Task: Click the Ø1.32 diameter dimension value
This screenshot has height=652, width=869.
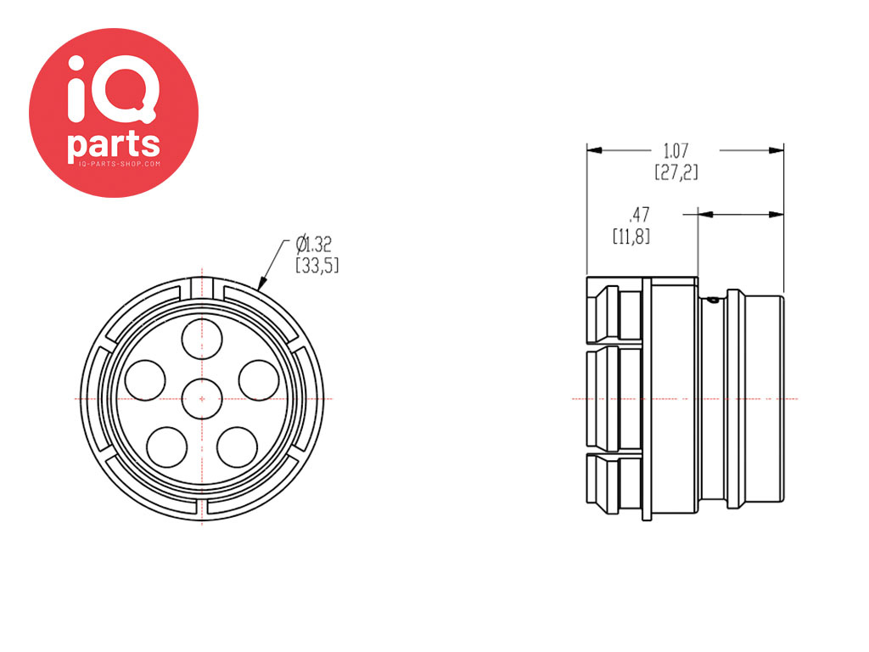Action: [314, 244]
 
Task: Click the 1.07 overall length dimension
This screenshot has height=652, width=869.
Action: [676, 151]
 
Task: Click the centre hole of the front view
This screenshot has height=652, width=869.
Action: [202, 398]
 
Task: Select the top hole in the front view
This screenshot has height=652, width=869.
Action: [202, 337]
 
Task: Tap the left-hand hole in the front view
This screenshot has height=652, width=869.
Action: [145, 379]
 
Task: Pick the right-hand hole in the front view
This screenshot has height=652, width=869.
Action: [259, 379]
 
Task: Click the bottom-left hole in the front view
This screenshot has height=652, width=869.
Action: [167, 446]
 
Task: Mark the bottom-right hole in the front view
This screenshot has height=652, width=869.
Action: [237, 446]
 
